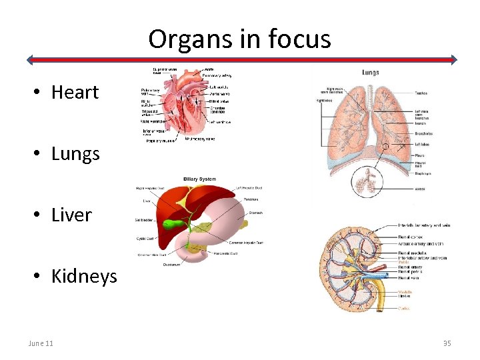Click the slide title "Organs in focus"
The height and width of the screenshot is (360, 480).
239,39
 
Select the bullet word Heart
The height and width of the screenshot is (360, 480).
75,92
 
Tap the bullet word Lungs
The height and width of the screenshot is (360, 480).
75,154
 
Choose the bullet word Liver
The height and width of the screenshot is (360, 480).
71,215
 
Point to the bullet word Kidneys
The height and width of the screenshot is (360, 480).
84,277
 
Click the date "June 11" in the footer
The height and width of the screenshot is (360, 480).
41,343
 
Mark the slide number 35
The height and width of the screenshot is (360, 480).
447,343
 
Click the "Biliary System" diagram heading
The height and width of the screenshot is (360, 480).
199,179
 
